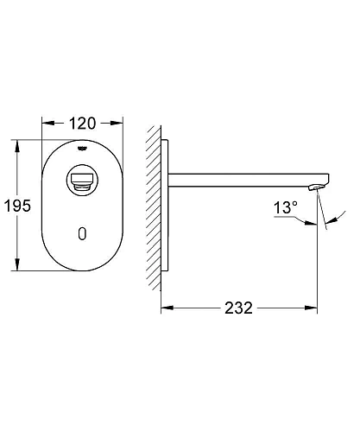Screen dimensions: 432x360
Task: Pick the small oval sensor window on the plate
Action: (x=82, y=234)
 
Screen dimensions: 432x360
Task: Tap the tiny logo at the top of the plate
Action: (x=83, y=148)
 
